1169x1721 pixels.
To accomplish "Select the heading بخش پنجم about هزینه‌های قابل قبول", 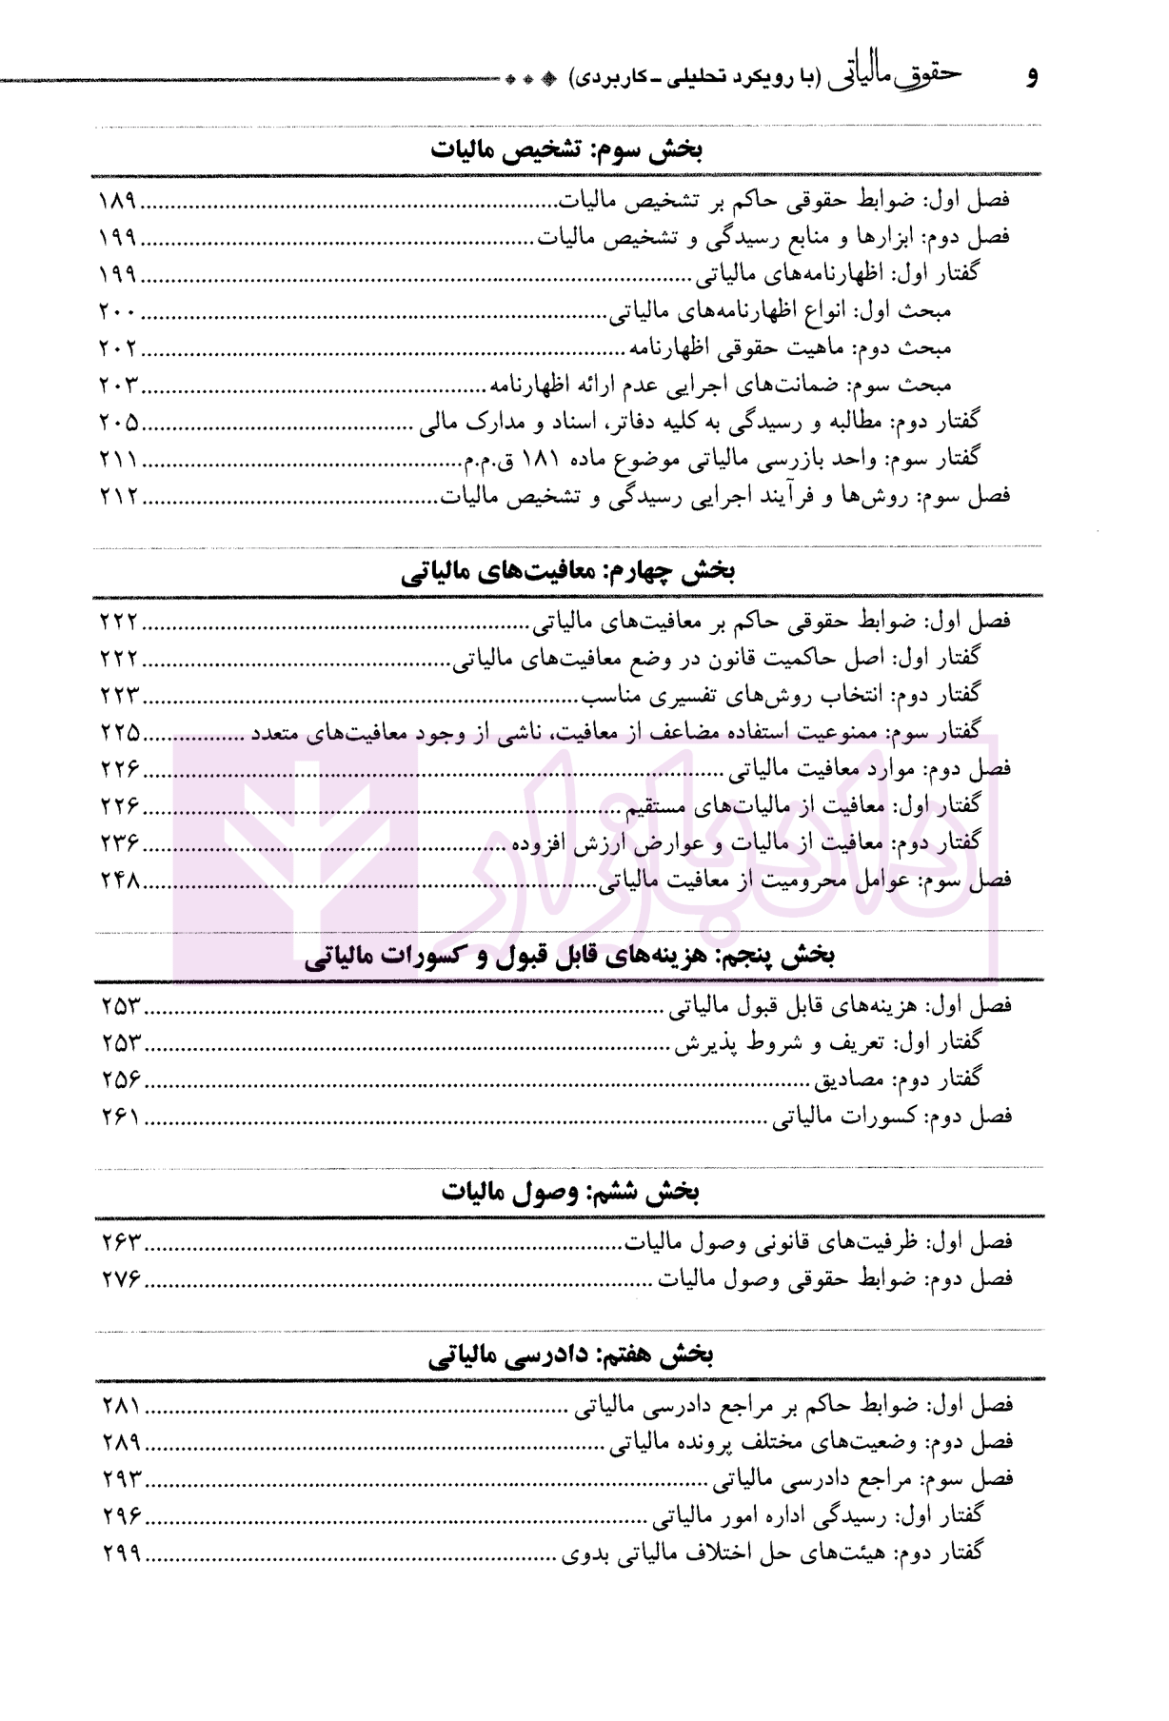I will click(x=568, y=957).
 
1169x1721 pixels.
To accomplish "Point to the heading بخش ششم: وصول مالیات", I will click(x=569, y=1193).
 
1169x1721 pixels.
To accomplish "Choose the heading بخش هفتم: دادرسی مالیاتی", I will click(x=569, y=1355).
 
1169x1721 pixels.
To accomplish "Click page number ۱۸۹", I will click(x=119, y=202).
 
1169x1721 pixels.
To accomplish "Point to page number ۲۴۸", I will click(x=121, y=880).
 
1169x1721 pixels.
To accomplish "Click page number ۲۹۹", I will click(x=121, y=1553).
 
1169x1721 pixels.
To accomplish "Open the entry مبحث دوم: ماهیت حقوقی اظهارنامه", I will click(x=789, y=348).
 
